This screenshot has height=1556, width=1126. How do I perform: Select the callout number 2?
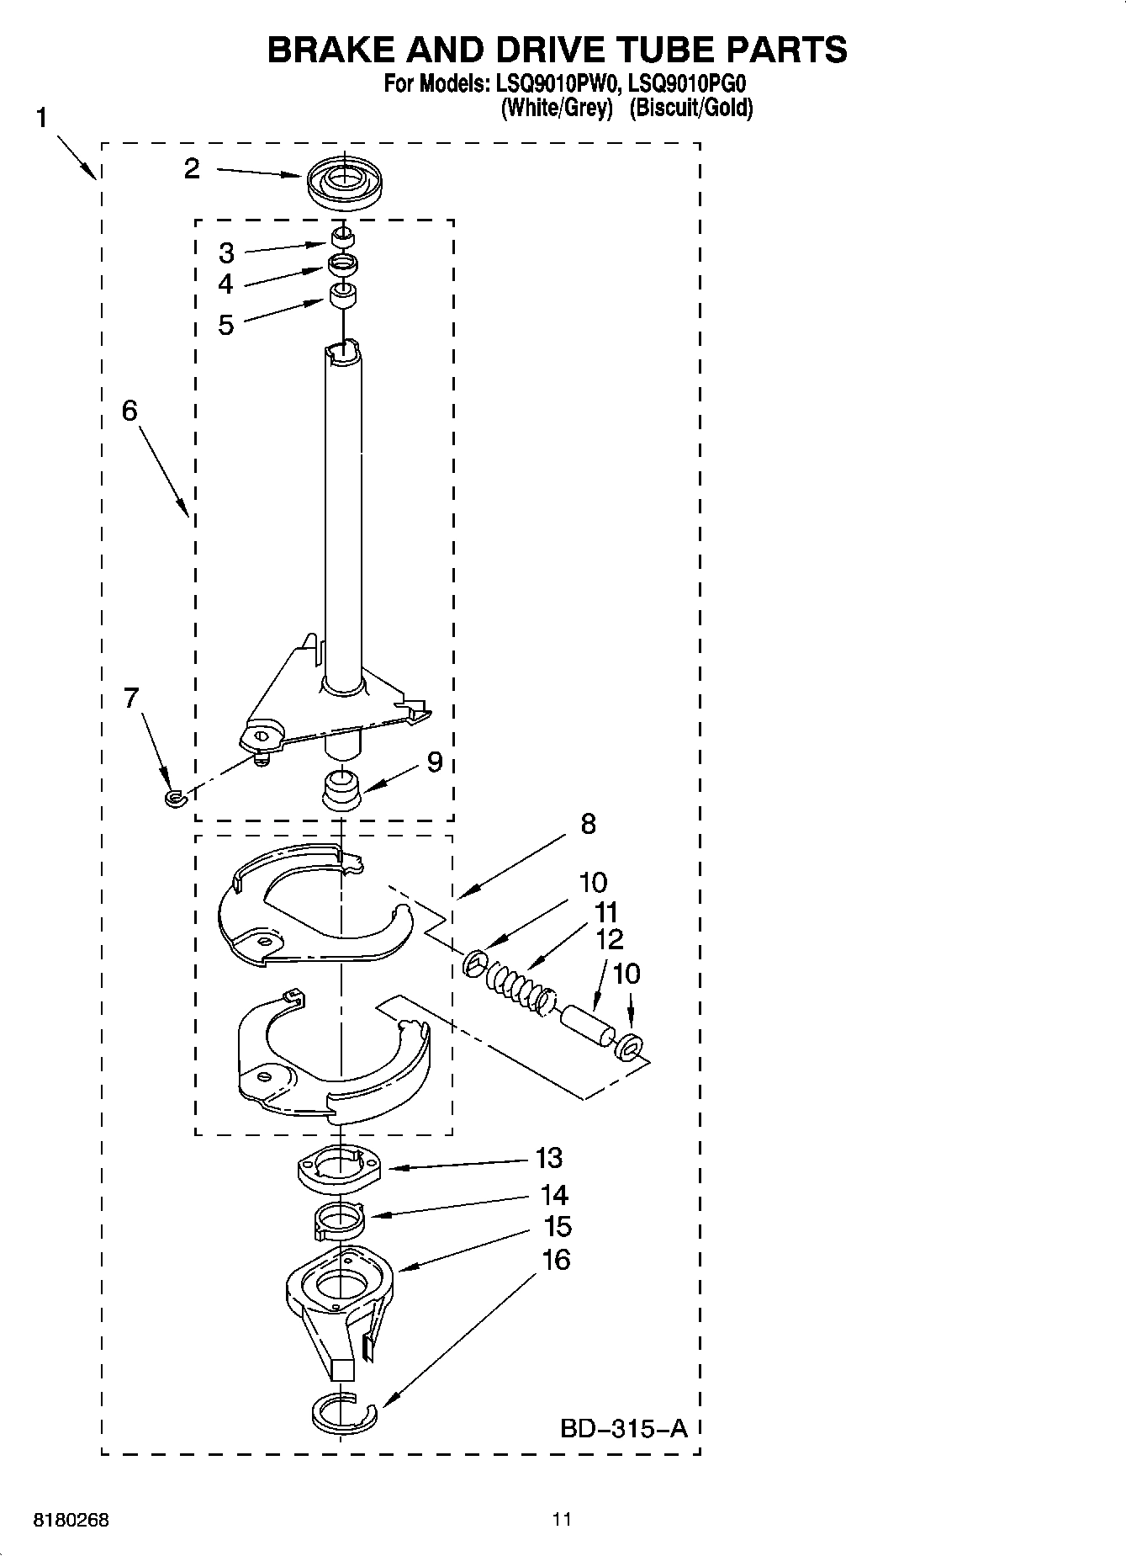pos(192,169)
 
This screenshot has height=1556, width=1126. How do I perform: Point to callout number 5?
pos(225,325)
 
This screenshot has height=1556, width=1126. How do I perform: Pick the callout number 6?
pos(130,411)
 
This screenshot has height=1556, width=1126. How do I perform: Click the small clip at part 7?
pos(174,796)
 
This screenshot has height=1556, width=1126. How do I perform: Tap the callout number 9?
pos(434,762)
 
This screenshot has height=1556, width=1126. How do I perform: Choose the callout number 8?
pos(588,824)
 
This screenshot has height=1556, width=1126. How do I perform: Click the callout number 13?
pos(549,1159)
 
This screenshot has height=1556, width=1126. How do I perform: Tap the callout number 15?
pos(558,1227)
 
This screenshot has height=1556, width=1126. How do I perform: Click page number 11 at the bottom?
pos(562,1519)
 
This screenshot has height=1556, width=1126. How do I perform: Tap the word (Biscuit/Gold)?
pos(690,108)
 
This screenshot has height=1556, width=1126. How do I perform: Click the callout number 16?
pos(556,1260)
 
